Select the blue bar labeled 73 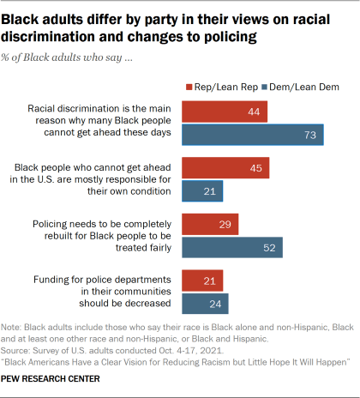(x=257, y=134)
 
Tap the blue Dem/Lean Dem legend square (x=264, y=87)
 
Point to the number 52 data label (x=269, y=247)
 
